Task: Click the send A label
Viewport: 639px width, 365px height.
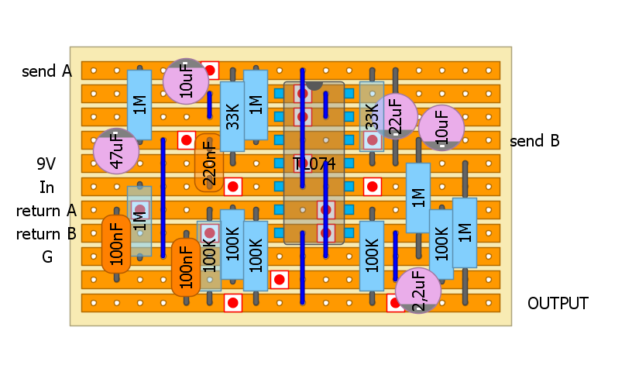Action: click(x=46, y=72)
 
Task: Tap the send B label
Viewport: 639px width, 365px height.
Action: click(x=534, y=142)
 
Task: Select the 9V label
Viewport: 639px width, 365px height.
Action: click(x=47, y=164)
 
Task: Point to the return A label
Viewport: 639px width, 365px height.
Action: click(x=46, y=211)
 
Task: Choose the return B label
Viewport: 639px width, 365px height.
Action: click(x=46, y=234)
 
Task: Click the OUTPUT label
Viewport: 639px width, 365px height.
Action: click(x=558, y=304)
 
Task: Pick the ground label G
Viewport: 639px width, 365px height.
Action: click(x=47, y=257)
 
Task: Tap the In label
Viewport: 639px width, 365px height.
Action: click(x=47, y=188)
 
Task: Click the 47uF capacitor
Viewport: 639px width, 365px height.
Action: click(x=116, y=151)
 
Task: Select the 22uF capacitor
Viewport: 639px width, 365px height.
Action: click(x=394, y=116)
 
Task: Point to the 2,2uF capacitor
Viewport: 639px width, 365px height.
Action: click(x=418, y=291)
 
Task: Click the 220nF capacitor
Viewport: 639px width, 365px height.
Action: click(x=209, y=163)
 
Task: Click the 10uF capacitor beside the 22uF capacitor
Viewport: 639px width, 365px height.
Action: click(x=441, y=128)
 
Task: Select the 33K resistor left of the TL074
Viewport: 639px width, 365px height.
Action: click(x=232, y=116)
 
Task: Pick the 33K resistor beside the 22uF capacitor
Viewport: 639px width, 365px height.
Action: click(x=372, y=116)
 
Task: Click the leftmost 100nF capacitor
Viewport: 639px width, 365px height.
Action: click(x=116, y=244)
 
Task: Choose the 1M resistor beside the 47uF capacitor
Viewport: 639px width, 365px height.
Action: click(x=139, y=105)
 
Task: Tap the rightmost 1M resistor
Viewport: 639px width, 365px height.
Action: click(x=465, y=232)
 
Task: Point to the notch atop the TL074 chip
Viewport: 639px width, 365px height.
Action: click(x=314, y=84)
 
